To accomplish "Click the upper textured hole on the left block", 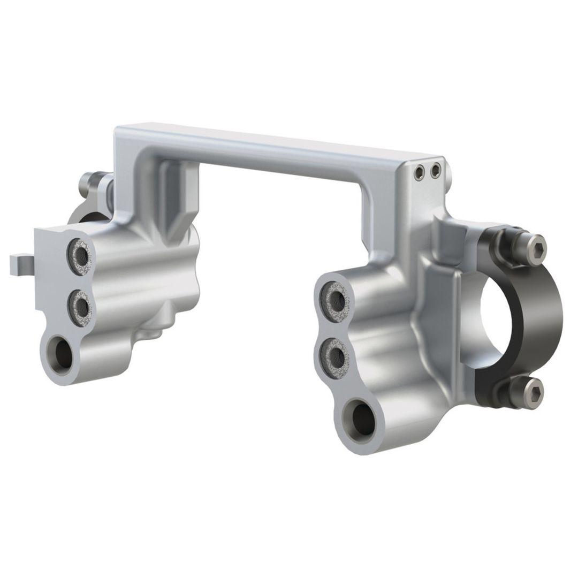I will [x=80, y=257].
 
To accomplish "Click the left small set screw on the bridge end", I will [x=420, y=172].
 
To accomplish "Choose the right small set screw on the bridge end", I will [x=436, y=171].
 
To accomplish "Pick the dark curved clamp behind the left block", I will [x=80, y=214].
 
